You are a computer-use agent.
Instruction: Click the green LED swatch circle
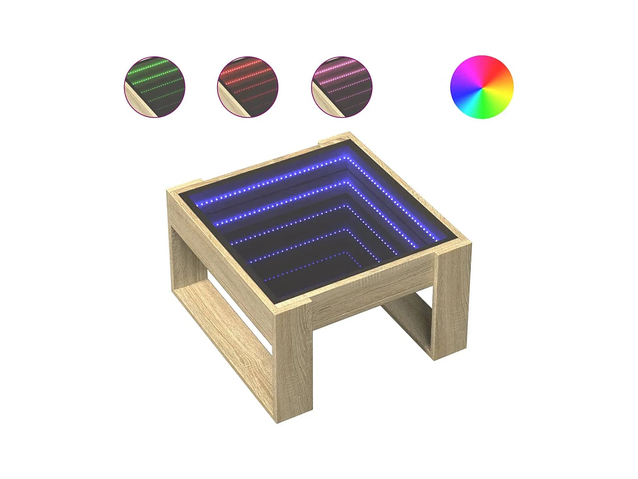(155, 87)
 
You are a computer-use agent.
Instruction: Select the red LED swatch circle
(248, 87)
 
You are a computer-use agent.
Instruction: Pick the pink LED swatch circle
(342, 87)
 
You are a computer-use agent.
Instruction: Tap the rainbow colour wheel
(482, 87)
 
